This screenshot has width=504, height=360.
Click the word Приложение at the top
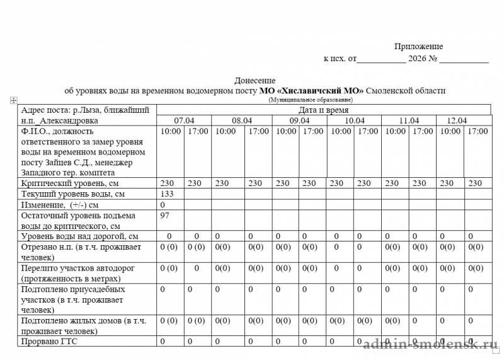(418, 47)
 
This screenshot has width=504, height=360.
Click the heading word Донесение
(255, 81)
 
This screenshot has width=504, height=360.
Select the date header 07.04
(184, 120)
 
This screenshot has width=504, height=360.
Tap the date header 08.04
(242, 120)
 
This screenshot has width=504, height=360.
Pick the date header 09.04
(299, 120)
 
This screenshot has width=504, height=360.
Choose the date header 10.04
(354, 120)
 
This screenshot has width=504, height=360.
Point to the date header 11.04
(409, 120)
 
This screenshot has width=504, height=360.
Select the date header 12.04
(456, 120)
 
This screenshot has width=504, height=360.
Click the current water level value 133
(167, 194)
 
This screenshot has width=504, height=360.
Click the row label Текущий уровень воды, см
(73, 194)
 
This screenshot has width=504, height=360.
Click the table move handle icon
(13, 101)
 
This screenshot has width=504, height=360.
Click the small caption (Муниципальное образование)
(311, 100)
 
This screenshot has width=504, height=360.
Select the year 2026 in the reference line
(417, 59)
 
